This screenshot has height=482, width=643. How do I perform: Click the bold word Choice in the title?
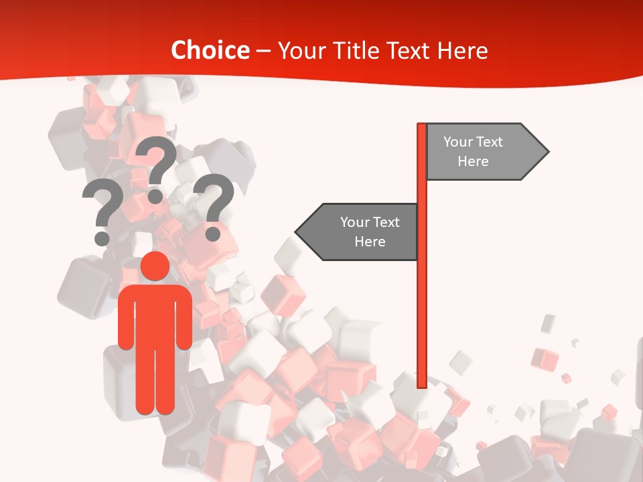210,50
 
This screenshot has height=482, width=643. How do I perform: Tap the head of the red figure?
155,266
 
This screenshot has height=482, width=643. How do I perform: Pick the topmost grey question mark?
157,161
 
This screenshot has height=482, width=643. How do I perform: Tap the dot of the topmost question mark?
155,196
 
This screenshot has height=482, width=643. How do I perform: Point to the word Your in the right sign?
457,142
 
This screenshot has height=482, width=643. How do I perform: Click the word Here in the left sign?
370,242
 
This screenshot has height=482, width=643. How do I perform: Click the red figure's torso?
155,315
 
